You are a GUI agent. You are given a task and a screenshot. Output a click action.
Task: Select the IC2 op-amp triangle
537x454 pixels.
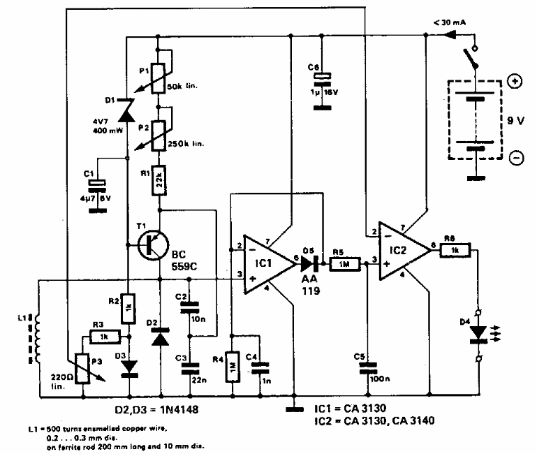pos(404,250)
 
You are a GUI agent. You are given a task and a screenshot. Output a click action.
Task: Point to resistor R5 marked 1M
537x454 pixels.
pos(346,263)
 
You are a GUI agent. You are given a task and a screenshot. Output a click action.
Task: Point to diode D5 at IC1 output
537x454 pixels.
pos(316,263)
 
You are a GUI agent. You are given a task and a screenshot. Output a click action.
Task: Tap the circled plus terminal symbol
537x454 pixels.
pos(515,82)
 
